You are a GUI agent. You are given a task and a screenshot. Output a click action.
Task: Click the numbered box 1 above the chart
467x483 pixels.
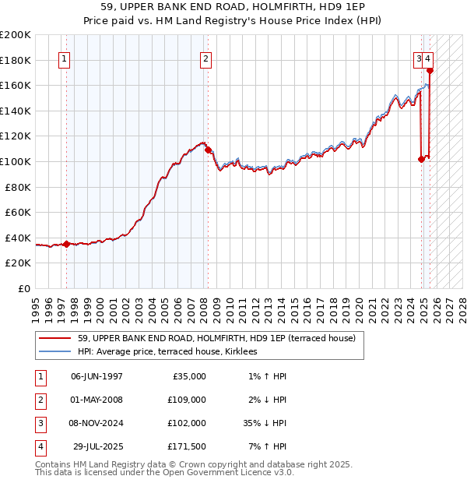[63, 58]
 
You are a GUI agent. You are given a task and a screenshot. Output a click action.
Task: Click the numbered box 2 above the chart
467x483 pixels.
[205, 58]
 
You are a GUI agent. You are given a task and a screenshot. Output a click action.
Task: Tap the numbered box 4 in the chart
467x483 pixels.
[428, 58]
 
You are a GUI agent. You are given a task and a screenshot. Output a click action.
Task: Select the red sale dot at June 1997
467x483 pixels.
[66, 244]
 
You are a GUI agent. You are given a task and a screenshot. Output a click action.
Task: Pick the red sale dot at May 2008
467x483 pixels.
[208, 150]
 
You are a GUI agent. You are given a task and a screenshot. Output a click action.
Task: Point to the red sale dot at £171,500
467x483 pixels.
[430, 71]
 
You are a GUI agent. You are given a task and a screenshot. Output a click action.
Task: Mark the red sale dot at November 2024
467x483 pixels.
[421, 159]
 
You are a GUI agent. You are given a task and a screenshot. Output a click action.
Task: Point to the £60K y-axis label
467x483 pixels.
[19, 212]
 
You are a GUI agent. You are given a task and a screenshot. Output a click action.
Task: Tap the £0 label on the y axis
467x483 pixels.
[23, 288]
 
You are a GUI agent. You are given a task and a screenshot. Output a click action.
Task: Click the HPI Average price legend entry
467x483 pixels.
[173, 351]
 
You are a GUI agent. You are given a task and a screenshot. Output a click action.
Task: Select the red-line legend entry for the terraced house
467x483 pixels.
[216, 338]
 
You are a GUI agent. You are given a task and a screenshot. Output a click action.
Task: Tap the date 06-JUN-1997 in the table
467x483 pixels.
[97, 376]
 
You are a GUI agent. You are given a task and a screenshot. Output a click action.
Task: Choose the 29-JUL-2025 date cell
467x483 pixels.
[97, 446]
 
